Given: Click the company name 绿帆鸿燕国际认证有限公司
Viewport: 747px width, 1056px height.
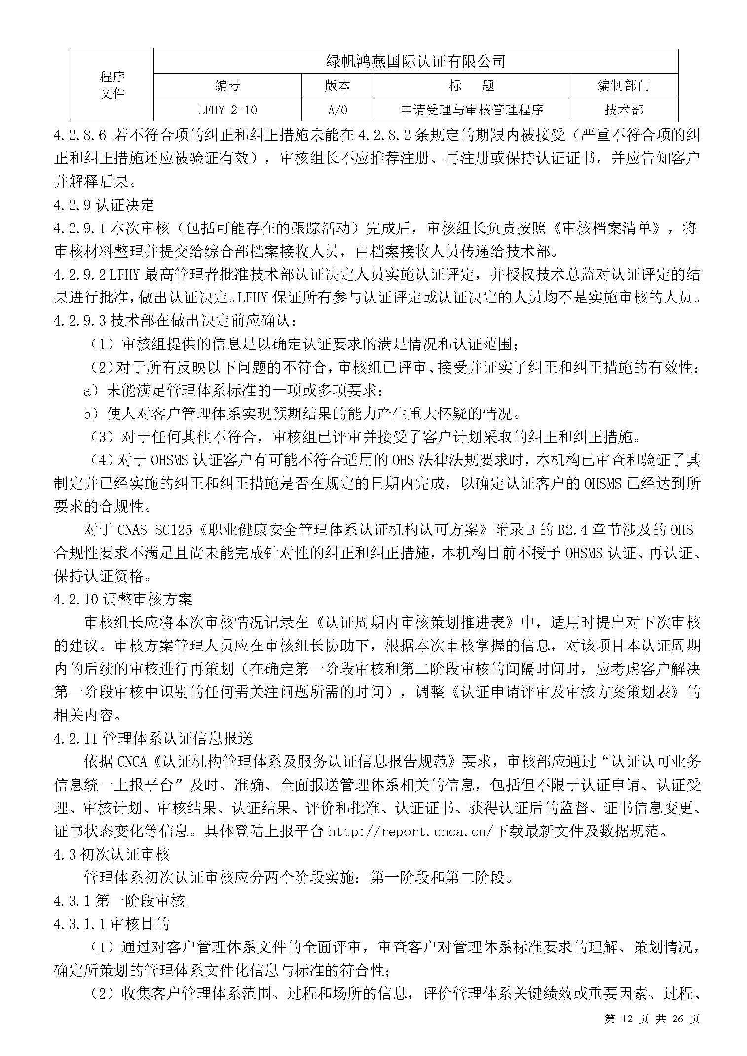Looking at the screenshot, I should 416,61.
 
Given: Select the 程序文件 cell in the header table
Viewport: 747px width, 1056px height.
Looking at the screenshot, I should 112,85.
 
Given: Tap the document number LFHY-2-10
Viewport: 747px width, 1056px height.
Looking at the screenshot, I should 227,110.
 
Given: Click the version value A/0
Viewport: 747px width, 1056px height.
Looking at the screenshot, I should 337,110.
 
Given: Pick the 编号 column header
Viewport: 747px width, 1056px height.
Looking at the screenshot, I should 227,86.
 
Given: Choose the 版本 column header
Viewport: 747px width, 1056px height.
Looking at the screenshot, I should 337,86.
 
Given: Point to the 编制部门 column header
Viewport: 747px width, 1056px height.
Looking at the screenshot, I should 623,86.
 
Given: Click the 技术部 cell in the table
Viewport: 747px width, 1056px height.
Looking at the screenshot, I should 623,110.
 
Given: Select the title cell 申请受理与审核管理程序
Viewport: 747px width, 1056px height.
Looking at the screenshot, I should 471,110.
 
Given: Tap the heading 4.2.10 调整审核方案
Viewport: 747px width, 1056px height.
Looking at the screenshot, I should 123,600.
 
